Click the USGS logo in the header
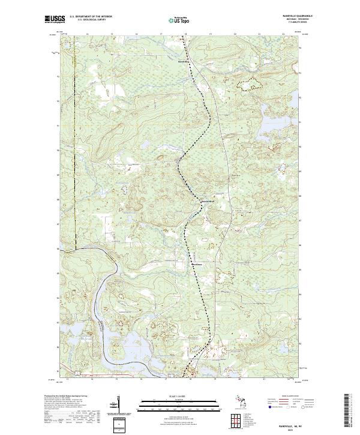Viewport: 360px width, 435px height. (x=55, y=20)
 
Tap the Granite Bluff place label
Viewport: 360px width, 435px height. (x=206, y=200)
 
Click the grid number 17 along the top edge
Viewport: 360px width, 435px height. (x=161, y=35)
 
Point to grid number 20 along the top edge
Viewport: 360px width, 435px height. (x=235, y=35)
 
